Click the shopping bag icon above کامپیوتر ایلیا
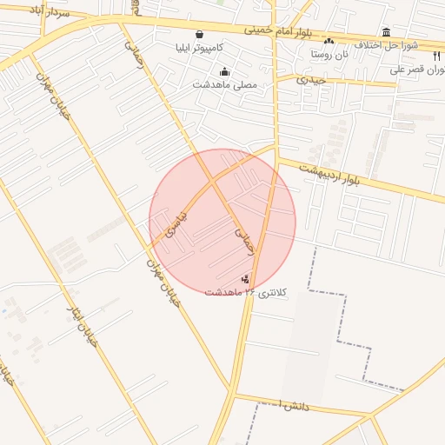(x=200, y=34)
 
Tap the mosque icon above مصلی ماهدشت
(x=225, y=71)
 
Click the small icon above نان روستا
(x=329, y=41)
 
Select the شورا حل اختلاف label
(x=390, y=44)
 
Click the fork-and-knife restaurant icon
(x=436, y=55)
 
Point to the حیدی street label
(x=310, y=79)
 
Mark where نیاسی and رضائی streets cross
(x=213, y=183)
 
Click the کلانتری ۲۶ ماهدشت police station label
(x=244, y=292)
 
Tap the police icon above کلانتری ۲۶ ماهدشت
(x=246, y=279)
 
